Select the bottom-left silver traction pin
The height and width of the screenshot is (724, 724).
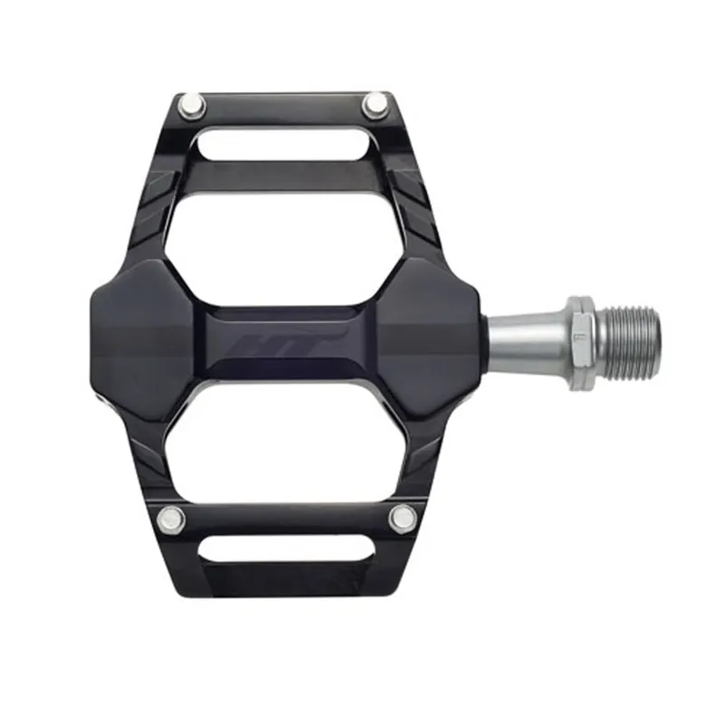pos(170,519)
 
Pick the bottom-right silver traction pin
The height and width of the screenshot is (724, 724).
pos(402,518)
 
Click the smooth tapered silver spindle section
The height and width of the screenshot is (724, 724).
pos(525,341)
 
